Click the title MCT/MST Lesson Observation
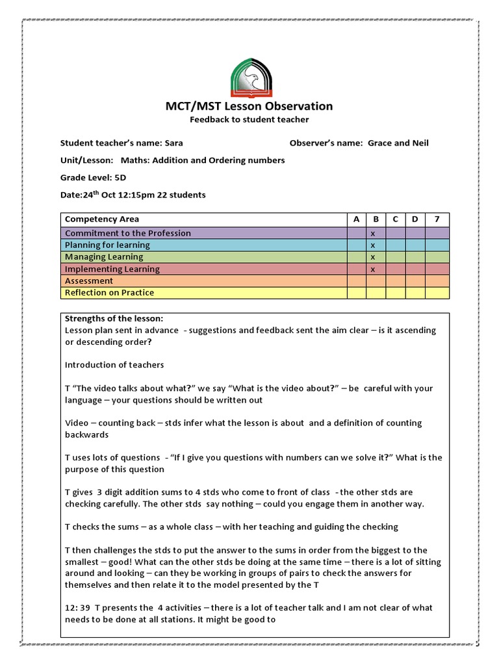pyautogui.click(x=249, y=106)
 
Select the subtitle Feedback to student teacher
pyautogui.click(x=249, y=119)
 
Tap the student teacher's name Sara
pyautogui.click(x=174, y=143)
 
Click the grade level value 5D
pyautogui.click(x=120, y=177)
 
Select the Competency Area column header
pyautogui.click(x=102, y=220)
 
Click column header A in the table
pyautogui.click(x=356, y=220)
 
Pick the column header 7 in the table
pyautogui.click(x=437, y=220)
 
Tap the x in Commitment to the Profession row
pyautogui.click(x=373, y=233)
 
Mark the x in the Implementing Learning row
pyautogui.click(x=373, y=269)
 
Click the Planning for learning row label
pyautogui.click(x=107, y=245)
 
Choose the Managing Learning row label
pyautogui.click(x=104, y=257)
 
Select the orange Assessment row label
pyautogui.click(x=89, y=281)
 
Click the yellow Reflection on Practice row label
pyautogui.click(x=110, y=293)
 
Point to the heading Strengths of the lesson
pyautogui.click(x=114, y=318)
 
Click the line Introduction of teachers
pyautogui.click(x=114, y=364)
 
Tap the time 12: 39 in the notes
pyautogui.click(x=78, y=608)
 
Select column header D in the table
pyautogui.click(x=415, y=220)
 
